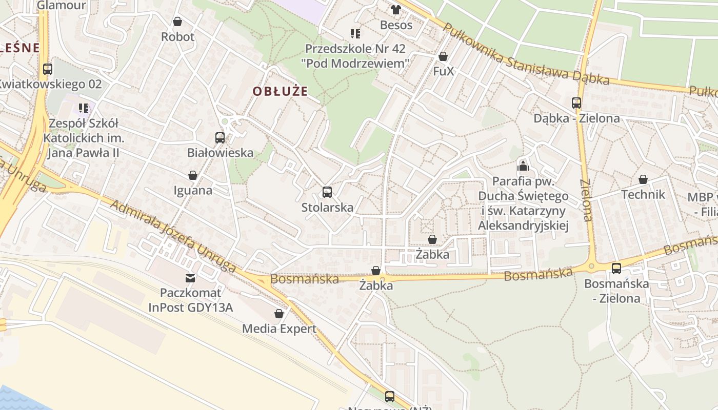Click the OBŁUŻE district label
tap(280, 91)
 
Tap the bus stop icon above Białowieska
tap(220, 137)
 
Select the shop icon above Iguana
tap(193, 175)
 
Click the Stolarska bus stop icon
tap(327, 192)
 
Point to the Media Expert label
tap(279, 329)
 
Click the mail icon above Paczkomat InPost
tap(190, 278)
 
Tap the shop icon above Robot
tap(177, 22)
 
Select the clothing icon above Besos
tap(396, 9)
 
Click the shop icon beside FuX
tap(443, 56)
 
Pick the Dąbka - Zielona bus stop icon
tap(576, 103)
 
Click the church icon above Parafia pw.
tap(523, 166)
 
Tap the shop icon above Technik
tap(643, 179)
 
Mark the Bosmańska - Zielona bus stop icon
tap(616, 268)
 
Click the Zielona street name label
tap(586, 200)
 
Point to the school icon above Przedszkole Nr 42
tap(355, 34)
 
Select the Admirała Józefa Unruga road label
tap(173, 236)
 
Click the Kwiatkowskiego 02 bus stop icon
tap(48, 69)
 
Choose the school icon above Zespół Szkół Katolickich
tap(84, 108)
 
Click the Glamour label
tap(62, 5)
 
